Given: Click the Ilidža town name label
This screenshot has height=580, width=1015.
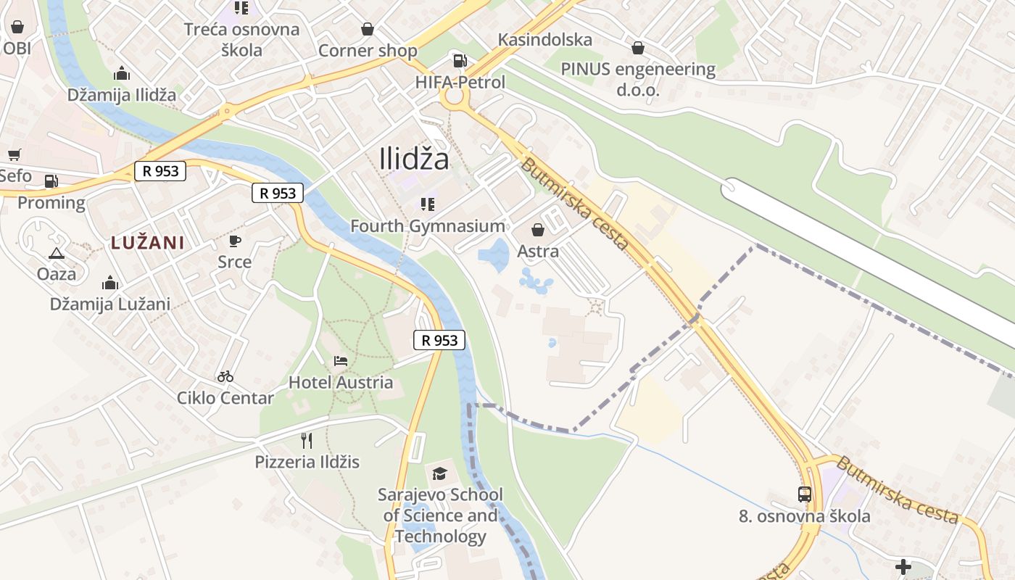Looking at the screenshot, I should [x=414, y=159].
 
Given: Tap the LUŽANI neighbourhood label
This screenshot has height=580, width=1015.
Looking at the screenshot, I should [x=147, y=243].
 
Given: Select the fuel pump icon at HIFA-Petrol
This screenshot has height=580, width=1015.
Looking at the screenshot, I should [x=460, y=61].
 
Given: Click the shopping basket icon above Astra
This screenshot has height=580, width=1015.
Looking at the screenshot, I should [x=538, y=230].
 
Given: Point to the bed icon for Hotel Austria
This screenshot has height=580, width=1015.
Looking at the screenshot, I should [x=341, y=360].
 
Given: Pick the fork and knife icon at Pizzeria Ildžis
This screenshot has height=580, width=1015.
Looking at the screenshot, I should [x=307, y=440].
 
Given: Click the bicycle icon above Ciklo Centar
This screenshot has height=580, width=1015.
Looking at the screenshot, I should [x=225, y=376].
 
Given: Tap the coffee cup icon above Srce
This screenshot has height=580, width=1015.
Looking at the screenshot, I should [x=234, y=241].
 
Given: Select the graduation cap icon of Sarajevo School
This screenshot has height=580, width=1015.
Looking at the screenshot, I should [x=440, y=473].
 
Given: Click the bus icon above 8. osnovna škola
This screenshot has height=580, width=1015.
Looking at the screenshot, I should [x=805, y=494].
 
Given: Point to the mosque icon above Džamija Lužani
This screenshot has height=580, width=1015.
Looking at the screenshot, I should [x=110, y=283].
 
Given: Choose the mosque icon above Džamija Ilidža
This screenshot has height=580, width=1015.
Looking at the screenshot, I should [x=122, y=73].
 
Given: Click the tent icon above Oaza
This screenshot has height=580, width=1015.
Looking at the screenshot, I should [x=57, y=253].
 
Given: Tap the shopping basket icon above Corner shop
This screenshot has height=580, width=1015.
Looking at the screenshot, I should [x=368, y=29].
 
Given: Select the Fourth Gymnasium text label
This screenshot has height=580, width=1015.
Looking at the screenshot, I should [x=428, y=226].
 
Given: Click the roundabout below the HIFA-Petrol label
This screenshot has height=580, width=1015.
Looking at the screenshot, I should [x=455, y=97].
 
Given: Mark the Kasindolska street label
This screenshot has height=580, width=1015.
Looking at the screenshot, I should [x=545, y=40].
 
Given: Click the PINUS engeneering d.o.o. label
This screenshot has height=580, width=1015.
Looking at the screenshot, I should [x=638, y=79].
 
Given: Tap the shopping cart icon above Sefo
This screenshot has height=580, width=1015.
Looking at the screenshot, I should [x=14, y=154].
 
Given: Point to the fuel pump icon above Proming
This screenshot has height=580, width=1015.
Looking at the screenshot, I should [x=51, y=181].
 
